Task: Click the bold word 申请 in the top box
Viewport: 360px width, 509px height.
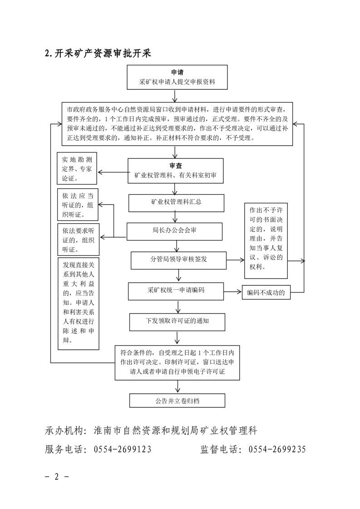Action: tap(177, 73)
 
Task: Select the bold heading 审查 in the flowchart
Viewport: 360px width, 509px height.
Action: tap(176, 166)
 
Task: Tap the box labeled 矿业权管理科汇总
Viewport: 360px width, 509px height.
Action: tap(176, 202)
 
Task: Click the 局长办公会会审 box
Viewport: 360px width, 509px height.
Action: tap(175, 230)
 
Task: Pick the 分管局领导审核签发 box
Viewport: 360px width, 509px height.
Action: tap(178, 260)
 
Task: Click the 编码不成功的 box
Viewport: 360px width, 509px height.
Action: tap(266, 293)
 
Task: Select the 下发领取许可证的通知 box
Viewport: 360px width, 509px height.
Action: tap(177, 321)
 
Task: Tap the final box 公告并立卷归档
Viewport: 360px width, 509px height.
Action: tap(177, 401)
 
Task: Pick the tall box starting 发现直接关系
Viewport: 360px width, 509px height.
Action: tap(79, 303)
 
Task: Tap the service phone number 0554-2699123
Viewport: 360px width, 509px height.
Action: tap(123, 450)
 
